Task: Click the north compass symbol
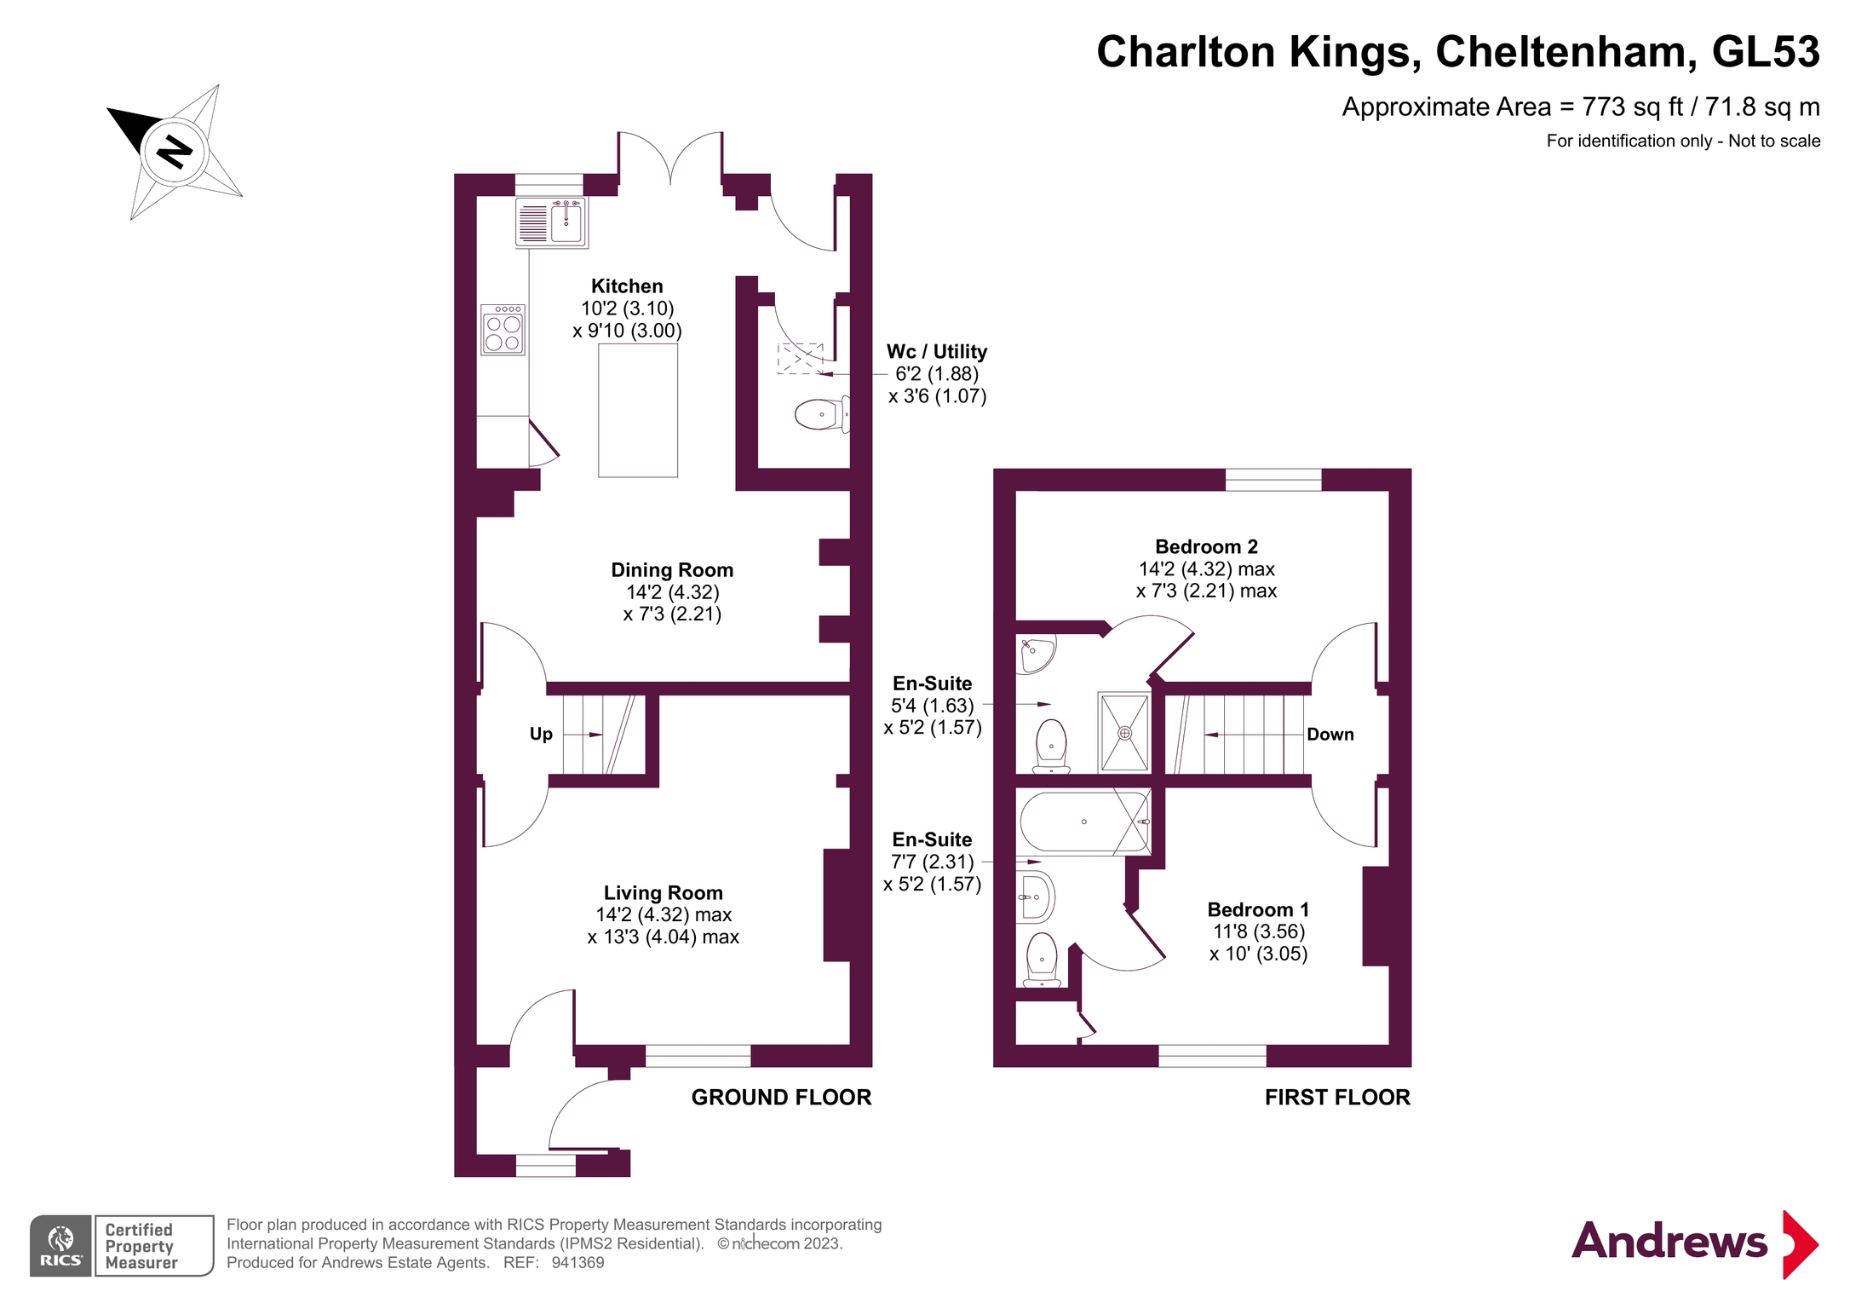[175, 153]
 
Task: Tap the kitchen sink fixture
[551, 222]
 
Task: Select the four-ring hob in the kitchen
[503, 330]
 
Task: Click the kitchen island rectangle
[638, 410]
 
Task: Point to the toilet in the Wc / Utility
[820, 415]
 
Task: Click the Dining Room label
[672, 570]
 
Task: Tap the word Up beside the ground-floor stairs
[541, 735]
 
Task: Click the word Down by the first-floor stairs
[1330, 735]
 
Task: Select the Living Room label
[663, 893]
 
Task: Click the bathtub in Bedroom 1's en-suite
[1083, 822]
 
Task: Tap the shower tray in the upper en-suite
[1124, 732]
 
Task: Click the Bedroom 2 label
[1206, 547]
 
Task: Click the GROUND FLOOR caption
[781, 1098]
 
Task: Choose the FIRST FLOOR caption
[1336, 1098]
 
